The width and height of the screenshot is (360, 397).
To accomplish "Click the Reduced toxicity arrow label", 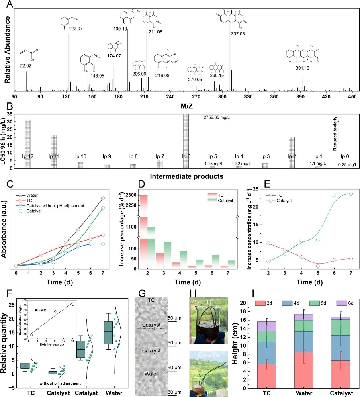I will click(x=334, y=134).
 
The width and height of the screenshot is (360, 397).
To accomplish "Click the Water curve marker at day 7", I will click(x=103, y=198).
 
